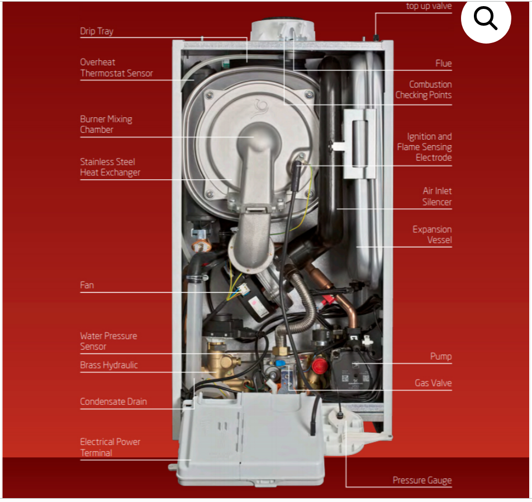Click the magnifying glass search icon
pyautogui.click(x=486, y=18)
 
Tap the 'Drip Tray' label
pyautogui.click(x=97, y=31)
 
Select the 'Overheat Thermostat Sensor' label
pyautogui.click(x=116, y=68)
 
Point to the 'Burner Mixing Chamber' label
pyautogui.click(x=106, y=125)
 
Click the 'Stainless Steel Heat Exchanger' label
pyautogui.click(x=110, y=167)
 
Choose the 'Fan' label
pyautogui.click(x=87, y=285)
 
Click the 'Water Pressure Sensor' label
pyautogui.click(x=108, y=341)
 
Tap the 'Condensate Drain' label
pyautogui.click(x=113, y=401)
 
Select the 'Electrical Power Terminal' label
pyautogui.click(x=110, y=447)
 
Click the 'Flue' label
pyautogui.click(x=444, y=64)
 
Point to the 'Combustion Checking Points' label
pyautogui.click(x=424, y=90)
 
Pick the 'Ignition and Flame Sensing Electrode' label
pyautogui.click(x=425, y=147)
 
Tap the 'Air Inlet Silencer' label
pyautogui.click(x=437, y=197)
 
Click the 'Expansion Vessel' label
pyautogui.click(x=433, y=235)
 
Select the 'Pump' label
pyautogui.click(x=441, y=357)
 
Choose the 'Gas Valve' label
pyautogui.click(x=433, y=383)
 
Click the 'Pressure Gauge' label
pyautogui.click(x=422, y=480)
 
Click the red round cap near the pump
pyautogui.click(x=320, y=365)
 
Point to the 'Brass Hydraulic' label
pyautogui.click(x=109, y=365)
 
